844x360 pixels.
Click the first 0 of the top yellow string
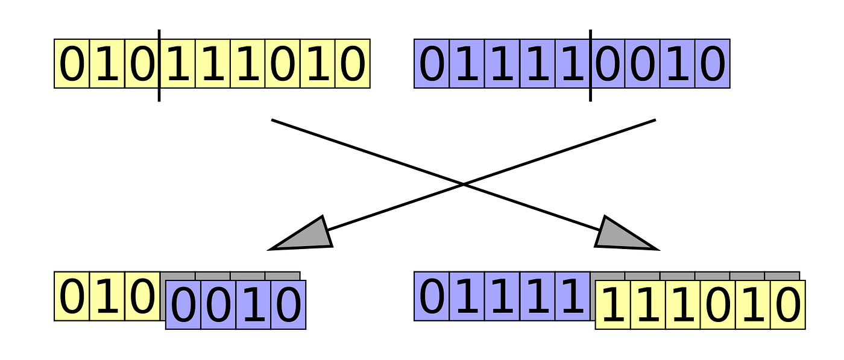pyautogui.click(x=72, y=63)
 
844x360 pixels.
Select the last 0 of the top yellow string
pyautogui.click(x=352, y=63)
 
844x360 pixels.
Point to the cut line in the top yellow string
pyautogui.click(x=159, y=66)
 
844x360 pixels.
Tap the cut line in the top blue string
pyautogui.click(x=590, y=66)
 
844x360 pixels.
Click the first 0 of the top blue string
pyautogui.click(x=432, y=63)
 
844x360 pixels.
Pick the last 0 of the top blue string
pyautogui.click(x=713, y=63)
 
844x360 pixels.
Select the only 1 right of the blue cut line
pyautogui.click(x=678, y=63)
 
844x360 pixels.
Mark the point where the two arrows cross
pyautogui.click(x=464, y=185)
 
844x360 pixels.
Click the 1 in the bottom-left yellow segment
pyautogui.click(x=107, y=296)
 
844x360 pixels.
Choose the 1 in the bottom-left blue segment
pyautogui.click(x=254, y=305)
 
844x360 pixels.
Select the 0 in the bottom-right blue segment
pyautogui.click(x=432, y=296)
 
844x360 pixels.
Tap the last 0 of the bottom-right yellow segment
pyautogui.click(x=788, y=305)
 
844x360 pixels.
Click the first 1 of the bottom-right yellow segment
pyautogui.click(x=613, y=305)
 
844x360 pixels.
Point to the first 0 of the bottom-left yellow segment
pyautogui.click(x=72, y=296)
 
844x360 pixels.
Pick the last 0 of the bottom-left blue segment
pyautogui.click(x=288, y=305)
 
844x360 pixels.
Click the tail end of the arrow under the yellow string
pyautogui.click(x=272, y=120)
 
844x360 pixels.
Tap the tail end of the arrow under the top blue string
pyautogui.click(x=656, y=120)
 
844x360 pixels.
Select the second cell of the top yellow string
pyautogui.click(x=107, y=63)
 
